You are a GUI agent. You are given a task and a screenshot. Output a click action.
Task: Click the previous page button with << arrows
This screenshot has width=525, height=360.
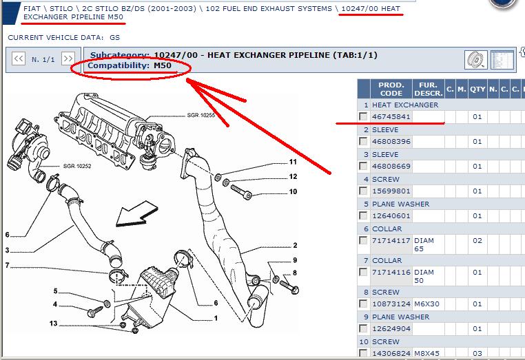pyautogui.click(x=19, y=59)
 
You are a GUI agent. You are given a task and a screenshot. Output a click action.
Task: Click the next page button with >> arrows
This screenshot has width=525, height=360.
pyautogui.click(x=68, y=59)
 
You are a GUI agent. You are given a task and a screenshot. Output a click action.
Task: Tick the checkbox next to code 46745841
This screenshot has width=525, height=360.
pyautogui.click(x=363, y=116)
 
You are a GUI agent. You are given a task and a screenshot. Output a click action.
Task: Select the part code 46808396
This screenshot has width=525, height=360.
pyautogui.click(x=391, y=142)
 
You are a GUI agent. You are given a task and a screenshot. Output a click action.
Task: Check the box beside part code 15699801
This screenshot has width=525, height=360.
pyautogui.click(x=363, y=191)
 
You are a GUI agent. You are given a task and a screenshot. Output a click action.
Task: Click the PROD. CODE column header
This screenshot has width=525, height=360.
pyautogui.click(x=391, y=89)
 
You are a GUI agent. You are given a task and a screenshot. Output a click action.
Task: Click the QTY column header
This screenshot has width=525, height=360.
pyautogui.click(x=477, y=89)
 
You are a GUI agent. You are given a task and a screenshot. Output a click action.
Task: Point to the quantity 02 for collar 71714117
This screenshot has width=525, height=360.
pyautogui.click(x=477, y=240)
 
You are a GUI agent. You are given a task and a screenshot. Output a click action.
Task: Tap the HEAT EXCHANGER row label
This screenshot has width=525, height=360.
pyautogui.click(x=405, y=105)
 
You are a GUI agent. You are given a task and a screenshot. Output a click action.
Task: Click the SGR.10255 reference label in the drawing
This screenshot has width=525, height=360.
pyautogui.click(x=200, y=115)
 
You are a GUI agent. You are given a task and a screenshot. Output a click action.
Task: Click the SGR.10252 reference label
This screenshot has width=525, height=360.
pyautogui.click(x=77, y=166)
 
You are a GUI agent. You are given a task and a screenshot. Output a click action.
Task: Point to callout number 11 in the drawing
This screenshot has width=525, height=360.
pyautogui.click(x=293, y=162)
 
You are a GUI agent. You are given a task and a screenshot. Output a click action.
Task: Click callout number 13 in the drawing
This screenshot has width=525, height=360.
pyautogui.click(x=53, y=324)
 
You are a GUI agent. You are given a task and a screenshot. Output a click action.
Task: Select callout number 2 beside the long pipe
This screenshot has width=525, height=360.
pyautogui.click(x=295, y=245)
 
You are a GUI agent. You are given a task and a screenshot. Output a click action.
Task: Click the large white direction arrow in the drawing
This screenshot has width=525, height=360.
pyautogui.click(x=136, y=214)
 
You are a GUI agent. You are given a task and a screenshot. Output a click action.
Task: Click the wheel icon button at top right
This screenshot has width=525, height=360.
pyautogui.click(x=476, y=60)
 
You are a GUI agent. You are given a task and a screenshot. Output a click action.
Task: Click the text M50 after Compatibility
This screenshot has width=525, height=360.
pyautogui.click(x=163, y=65)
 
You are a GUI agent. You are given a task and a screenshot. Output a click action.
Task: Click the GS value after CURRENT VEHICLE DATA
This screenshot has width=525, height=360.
pyautogui.click(x=114, y=37)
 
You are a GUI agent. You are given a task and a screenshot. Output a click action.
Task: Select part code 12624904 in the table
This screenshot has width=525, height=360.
pyautogui.click(x=391, y=329)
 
